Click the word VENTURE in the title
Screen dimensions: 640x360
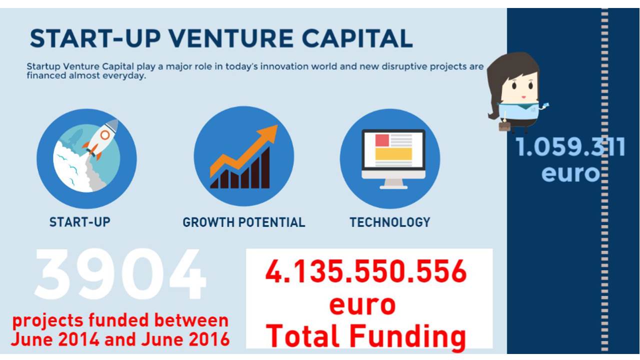pyautogui.click(x=231, y=38)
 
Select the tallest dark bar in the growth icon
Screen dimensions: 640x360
pyautogui.click(x=265, y=167)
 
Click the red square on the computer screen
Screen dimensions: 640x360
pyautogui.click(x=382, y=140)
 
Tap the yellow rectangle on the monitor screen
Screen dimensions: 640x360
pyautogui.click(x=393, y=154)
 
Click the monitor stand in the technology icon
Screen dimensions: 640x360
pyautogui.click(x=393, y=183)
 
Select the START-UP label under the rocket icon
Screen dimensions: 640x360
pyautogui.click(x=79, y=222)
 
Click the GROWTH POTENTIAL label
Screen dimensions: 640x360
pyautogui.click(x=243, y=222)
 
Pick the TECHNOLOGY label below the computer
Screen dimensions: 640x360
pyautogui.click(x=390, y=222)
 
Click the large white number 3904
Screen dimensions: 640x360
pyautogui.click(x=120, y=274)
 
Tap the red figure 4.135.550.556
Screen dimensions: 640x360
pyautogui.click(x=366, y=271)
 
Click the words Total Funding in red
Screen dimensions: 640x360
pyautogui.click(x=366, y=336)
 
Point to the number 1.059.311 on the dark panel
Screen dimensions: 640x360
pyautogui.click(x=570, y=147)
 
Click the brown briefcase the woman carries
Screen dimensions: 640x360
pyautogui.click(x=504, y=126)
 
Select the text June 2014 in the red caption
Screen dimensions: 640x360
pyautogui.click(x=55, y=339)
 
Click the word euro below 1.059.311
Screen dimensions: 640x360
pyautogui.click(x=570, y=173)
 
